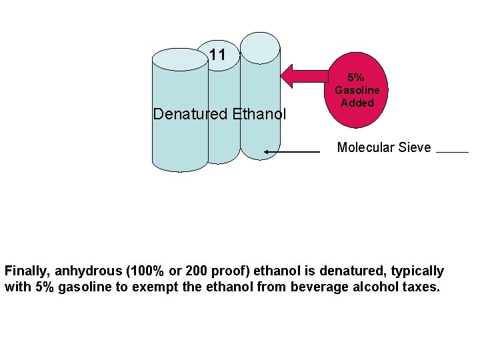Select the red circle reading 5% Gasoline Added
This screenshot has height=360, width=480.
tap(357, 90)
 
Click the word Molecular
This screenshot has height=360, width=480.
tap(366, 148)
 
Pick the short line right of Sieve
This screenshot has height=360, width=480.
tap(452, 152)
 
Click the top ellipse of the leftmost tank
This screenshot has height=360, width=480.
tap(180, 59)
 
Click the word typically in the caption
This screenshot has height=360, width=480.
tap(418, 271)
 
